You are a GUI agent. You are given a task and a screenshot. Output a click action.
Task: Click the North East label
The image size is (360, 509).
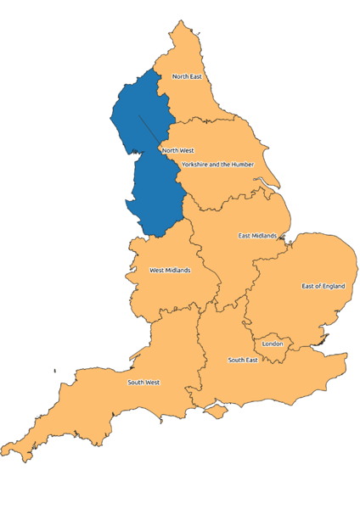point(187,76)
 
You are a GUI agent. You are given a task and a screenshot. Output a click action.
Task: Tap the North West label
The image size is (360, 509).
point(177,150)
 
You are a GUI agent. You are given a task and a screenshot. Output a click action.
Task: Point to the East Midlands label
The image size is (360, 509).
point(257,235)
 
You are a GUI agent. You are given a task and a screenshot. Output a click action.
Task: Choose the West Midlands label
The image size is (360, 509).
point(170,271)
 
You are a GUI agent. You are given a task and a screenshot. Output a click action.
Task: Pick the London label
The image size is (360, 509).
point(273,344)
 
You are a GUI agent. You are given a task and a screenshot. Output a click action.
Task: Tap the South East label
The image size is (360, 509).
point(243,360)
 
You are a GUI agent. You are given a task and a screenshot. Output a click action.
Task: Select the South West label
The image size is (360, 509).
point(143,383)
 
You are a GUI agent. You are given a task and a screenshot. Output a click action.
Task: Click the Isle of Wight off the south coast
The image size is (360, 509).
point(218,411)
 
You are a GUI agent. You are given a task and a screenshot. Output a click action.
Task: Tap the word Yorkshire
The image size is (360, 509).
point(195,164)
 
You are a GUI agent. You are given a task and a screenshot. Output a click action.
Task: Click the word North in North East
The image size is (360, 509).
point(180,76)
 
